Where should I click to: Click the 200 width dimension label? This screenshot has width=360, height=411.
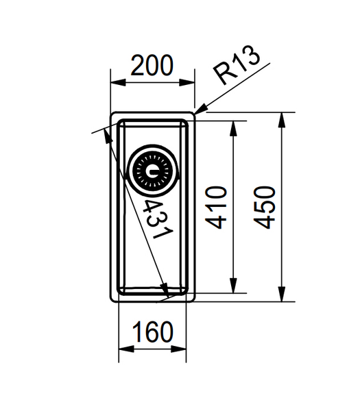tap(152, 66)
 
